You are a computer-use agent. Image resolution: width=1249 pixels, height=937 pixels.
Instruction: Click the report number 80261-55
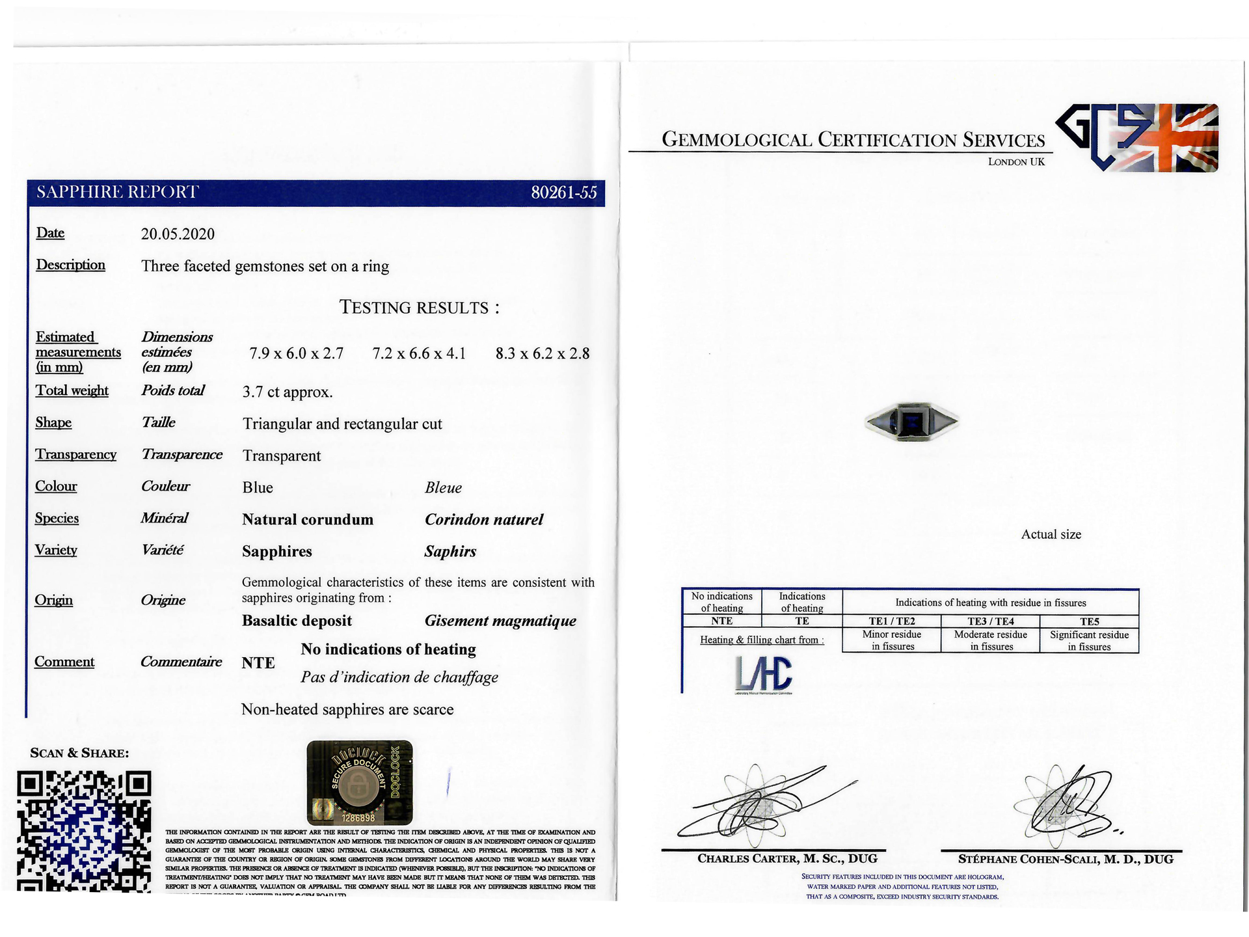(563, 193)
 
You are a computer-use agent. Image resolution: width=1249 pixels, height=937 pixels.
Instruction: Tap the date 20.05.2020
(178, 234)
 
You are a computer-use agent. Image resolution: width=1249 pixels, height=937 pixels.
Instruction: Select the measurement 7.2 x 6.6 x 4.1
(419, 354)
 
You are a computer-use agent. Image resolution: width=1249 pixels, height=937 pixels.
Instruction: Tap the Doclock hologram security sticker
(359, 782)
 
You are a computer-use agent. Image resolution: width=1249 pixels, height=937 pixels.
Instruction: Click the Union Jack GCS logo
(1136, 137)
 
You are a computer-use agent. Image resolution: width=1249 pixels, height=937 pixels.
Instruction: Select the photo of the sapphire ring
(912, 422)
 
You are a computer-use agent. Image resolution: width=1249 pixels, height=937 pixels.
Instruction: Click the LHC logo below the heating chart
(764, 673)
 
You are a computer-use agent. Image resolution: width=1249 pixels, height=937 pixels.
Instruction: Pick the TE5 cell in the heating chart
(1089, 621)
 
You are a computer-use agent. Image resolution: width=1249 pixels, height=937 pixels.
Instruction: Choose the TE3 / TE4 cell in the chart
(990, 621)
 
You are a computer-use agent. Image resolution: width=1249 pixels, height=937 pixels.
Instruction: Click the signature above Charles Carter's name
(761, 804)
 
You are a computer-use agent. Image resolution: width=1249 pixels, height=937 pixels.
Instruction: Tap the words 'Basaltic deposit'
(297, 621)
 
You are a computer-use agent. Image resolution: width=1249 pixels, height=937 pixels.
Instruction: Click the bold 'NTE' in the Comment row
(258, 663)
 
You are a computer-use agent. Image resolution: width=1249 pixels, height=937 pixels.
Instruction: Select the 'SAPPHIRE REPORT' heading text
(117, 193)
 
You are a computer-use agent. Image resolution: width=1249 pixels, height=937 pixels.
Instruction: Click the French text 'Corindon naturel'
(483, 520)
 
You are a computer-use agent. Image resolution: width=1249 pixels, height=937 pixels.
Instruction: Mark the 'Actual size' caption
(1051, 535)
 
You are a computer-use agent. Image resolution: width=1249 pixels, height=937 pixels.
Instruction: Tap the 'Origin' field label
(53, 600)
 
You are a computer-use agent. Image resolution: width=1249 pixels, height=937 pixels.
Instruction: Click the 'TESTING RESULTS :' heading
(420, 308)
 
